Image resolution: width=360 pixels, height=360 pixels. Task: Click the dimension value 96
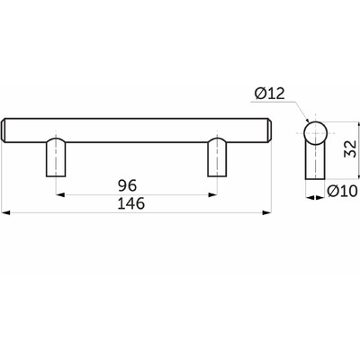pos(127,185)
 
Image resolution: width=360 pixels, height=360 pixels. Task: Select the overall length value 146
pos(131,203)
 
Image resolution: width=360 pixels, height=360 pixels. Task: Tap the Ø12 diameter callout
pos(269,94)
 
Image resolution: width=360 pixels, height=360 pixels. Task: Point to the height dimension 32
pos(350,148)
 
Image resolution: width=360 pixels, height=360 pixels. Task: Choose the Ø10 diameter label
pos(342,191)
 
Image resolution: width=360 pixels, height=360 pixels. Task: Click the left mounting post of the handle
pos(56,157)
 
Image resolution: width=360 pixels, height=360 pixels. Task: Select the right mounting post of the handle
pos(217,157)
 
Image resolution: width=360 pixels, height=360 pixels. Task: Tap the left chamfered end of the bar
pos(4,130)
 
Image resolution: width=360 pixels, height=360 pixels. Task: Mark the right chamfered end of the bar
pos(269,130)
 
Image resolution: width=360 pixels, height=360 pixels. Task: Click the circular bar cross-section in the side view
pos(315,133)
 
